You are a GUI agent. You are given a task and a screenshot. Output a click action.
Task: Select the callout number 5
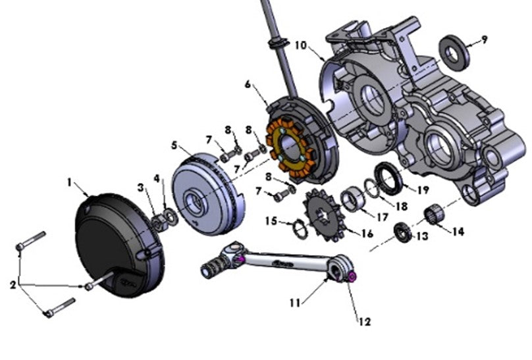coord(174,144)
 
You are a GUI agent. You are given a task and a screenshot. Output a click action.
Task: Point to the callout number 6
coord(248,84)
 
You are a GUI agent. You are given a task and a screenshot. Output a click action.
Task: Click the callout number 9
coord(485,39)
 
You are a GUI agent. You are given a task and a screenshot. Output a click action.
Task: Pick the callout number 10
coord(300,45)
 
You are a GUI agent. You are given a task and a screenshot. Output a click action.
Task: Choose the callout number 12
coord(363,322)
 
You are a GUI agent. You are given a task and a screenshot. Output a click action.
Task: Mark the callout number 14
coord(457,232)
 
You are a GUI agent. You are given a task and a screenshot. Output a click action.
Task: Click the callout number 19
coord(423,190)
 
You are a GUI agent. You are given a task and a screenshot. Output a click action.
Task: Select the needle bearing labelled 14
coord(431,215)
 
